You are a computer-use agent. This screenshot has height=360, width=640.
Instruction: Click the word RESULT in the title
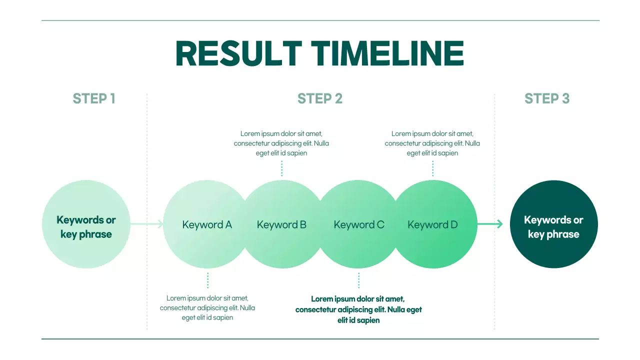point(238,53)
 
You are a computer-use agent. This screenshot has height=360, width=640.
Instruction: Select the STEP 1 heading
point(94,98)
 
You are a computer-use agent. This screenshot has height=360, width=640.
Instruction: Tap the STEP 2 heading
point(320,98)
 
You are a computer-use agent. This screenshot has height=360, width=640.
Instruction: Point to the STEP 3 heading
point(547,98)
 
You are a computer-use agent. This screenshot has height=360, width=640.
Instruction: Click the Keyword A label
point(207,224)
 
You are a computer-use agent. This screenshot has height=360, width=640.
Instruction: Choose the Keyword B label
point(281,224)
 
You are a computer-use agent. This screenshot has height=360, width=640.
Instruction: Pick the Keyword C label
point(359,224)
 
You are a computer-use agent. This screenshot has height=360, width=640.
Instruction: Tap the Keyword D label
point(432,224)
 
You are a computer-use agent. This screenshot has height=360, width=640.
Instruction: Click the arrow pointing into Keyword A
point(147,224)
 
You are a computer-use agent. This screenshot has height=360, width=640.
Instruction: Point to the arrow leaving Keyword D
point(490,224)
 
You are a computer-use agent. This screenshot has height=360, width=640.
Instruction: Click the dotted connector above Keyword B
point(282,168)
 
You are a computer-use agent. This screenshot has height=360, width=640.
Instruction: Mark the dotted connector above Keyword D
point(432,168)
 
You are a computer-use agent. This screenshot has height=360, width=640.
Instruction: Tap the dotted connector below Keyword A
point(207,280)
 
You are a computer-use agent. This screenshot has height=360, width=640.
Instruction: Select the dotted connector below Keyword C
point(358,280)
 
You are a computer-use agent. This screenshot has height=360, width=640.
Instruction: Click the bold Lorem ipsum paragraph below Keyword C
point(358,309)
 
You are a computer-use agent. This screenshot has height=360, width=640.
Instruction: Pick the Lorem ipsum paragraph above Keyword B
point(281,143)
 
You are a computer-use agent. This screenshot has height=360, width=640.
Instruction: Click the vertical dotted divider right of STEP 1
point(147,210)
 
